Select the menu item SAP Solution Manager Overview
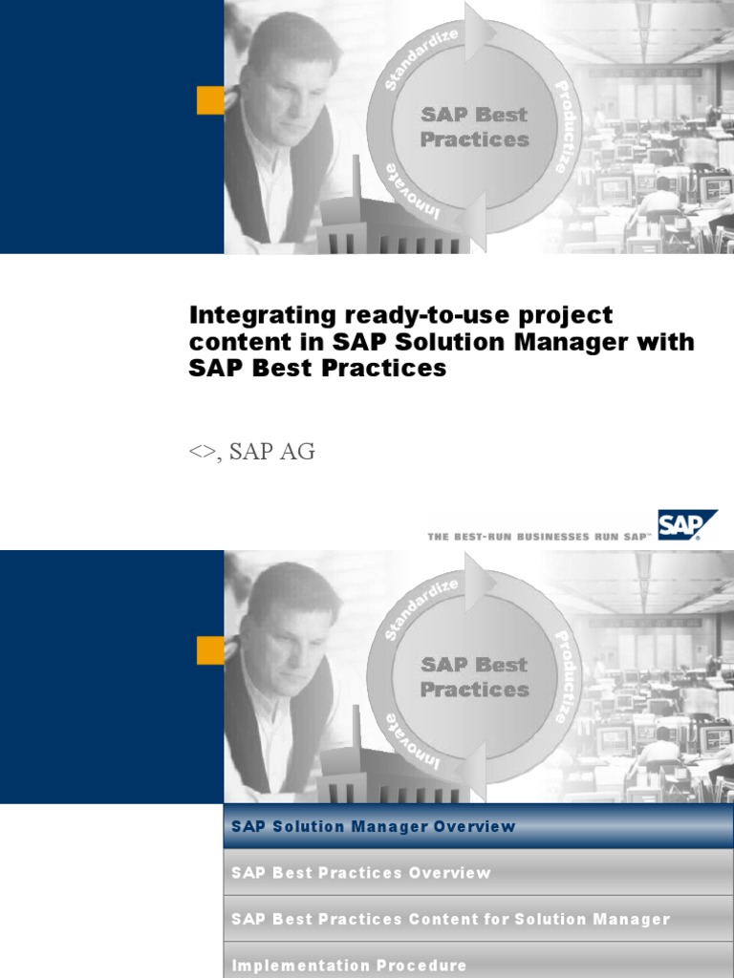(x=373, y=827)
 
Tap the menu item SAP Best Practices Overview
(x=361, y=873)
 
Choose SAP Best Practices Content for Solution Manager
(x=450, y=919)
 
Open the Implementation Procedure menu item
(x=349, y=966)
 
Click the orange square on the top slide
(x=210, y=99)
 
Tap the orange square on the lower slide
(x=210, y=649)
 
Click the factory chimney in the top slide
(x=357, y=181)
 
